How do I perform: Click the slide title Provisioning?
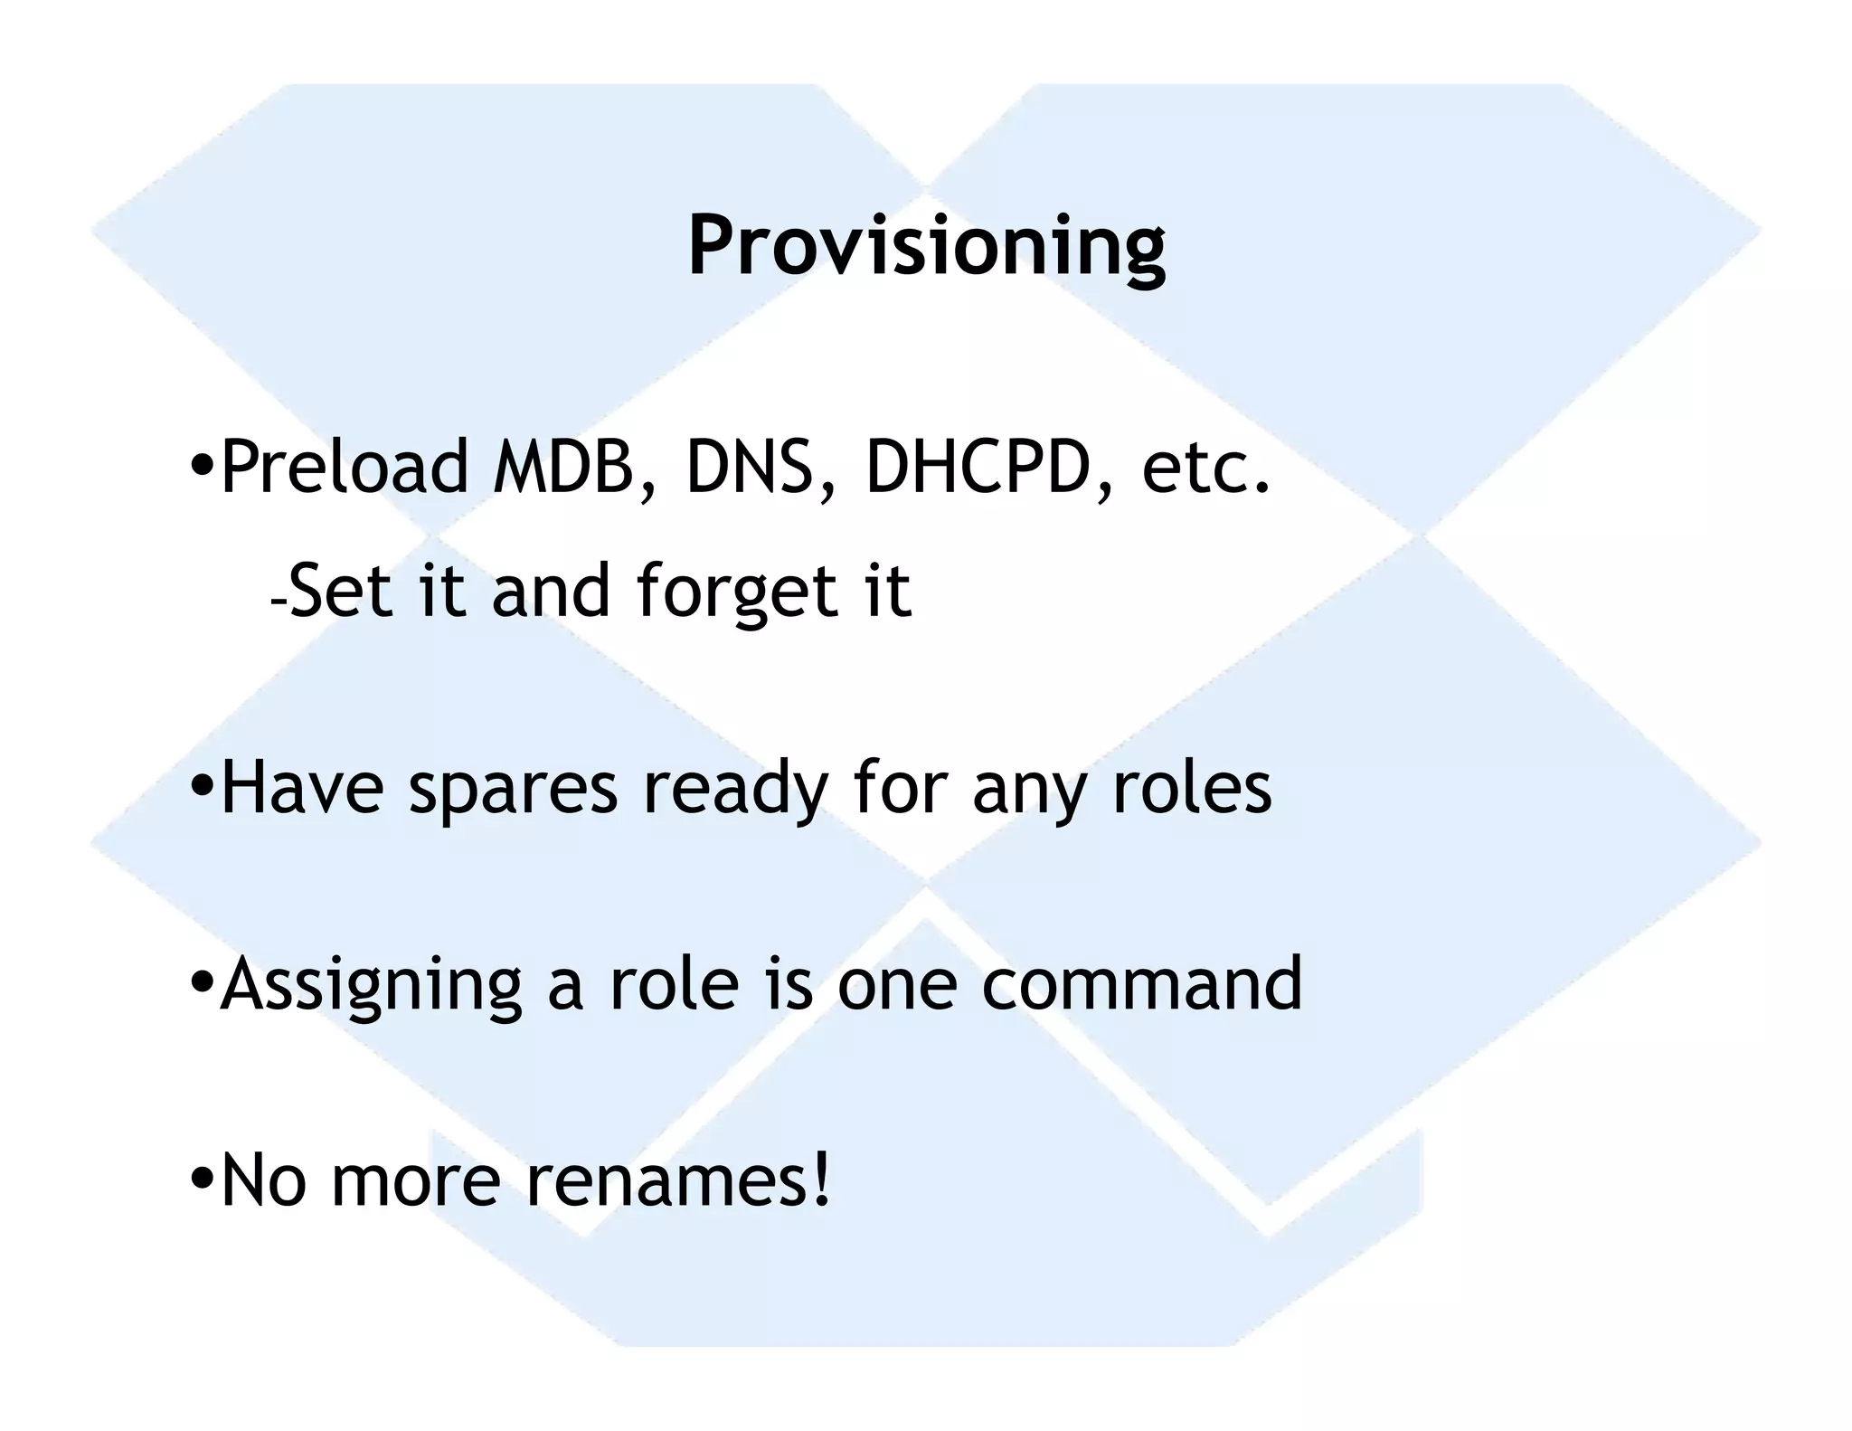926,246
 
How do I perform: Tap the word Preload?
345,468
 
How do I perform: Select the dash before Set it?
278,602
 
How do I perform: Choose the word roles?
1191,788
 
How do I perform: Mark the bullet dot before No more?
203,1180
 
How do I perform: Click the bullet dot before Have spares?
203,787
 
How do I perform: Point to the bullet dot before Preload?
203,467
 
